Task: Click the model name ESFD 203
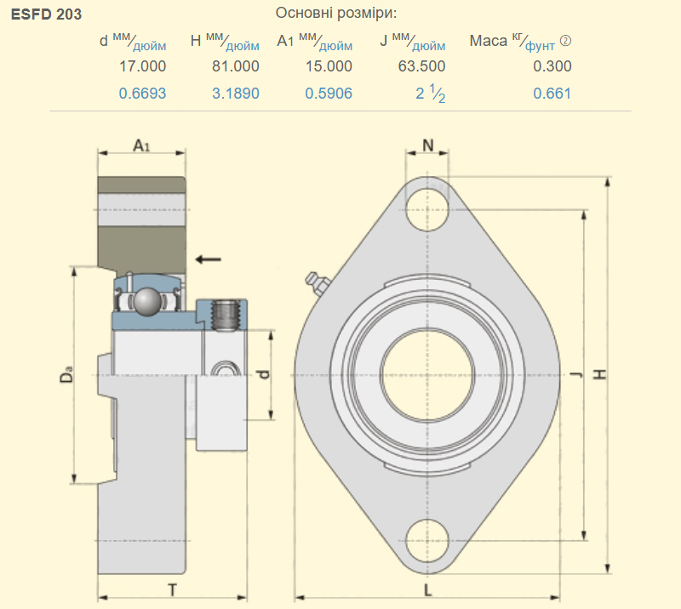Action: point(47,14)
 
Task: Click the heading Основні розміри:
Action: point(336,14)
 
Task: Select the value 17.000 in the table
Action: point(143,66)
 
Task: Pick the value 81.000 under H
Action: point(236,66)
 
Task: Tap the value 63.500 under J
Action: point(421,66)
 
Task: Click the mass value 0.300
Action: point(552,66)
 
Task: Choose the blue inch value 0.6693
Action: point(143,94)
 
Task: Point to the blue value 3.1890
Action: point(236,94)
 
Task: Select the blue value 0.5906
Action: point(329,94)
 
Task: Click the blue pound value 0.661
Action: point(552,94)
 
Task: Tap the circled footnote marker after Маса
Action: point(565,41)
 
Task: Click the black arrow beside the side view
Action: point(208,258)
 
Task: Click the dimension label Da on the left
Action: point(66,375)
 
